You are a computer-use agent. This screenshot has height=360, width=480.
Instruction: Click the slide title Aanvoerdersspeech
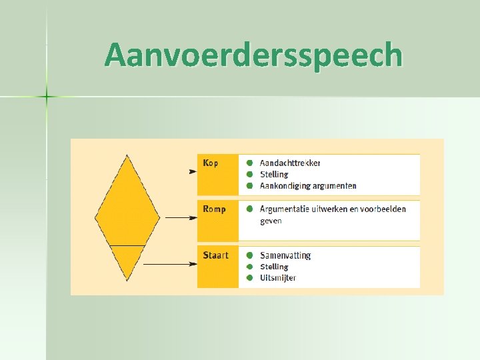[x=253, y=56]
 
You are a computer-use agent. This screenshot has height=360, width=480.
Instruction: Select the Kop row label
[x=211, y=163]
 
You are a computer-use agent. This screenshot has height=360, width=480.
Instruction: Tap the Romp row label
[x=215, y=209]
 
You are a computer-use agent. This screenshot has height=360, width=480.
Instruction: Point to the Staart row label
[x=216, y=255]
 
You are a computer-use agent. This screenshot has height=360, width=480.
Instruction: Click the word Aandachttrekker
[x=290, y=163]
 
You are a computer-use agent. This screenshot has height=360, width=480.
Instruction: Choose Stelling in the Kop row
[x=274, y=175]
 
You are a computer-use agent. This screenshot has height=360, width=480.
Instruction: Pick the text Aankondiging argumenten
[x=308, y=186]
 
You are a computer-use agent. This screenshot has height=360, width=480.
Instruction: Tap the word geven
[x=271, y=221]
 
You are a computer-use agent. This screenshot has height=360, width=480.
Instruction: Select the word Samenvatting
[x=285, y=255]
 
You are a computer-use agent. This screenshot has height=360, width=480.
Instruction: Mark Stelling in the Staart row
[x=274, y=267]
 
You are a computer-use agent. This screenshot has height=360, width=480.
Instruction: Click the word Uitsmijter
[x=278, y=278]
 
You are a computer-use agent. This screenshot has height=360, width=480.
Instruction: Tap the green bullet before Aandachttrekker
[x=249, y=163]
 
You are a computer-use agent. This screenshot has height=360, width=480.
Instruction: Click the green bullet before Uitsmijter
[x=249, y=278]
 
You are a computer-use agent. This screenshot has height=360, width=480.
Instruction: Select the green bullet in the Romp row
[x=249, y=209]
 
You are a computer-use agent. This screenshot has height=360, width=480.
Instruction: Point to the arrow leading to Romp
[x=179, y=217]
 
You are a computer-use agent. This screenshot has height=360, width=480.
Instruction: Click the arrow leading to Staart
[x=170, y=264]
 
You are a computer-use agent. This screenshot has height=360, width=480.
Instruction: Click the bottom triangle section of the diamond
[x=127, y=260]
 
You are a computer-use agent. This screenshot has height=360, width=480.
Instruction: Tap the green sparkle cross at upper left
[x=47, y=97]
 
